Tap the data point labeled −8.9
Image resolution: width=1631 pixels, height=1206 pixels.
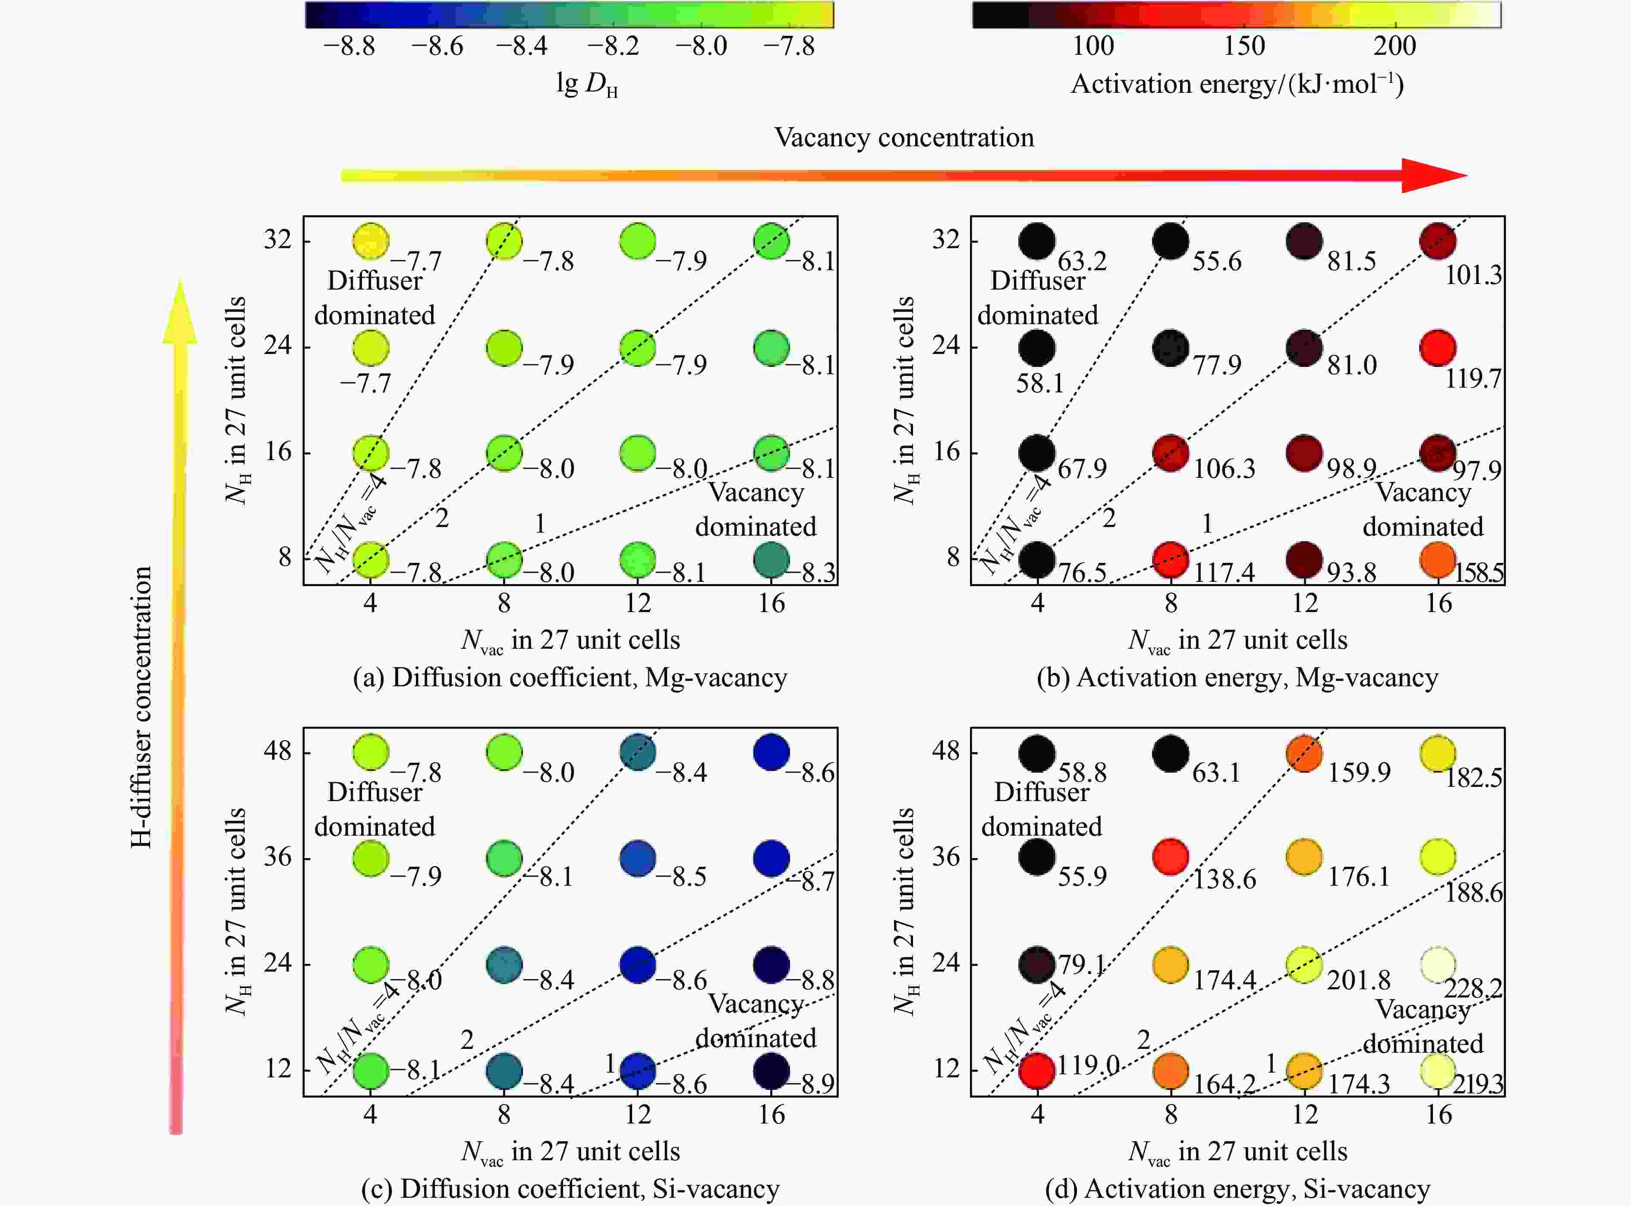tap(771, 1071)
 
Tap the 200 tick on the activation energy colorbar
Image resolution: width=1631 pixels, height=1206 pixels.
tap(1395, 47)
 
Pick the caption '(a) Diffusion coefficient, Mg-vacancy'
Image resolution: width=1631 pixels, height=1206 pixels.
tap(570, 678)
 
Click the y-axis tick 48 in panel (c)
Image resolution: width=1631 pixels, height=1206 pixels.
tap(277, 751)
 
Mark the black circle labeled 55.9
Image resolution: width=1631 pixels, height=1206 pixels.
tap(1037, 857)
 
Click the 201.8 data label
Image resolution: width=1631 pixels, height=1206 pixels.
tap(1358, 980)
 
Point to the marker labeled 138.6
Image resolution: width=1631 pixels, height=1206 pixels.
tap(1171, 857)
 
